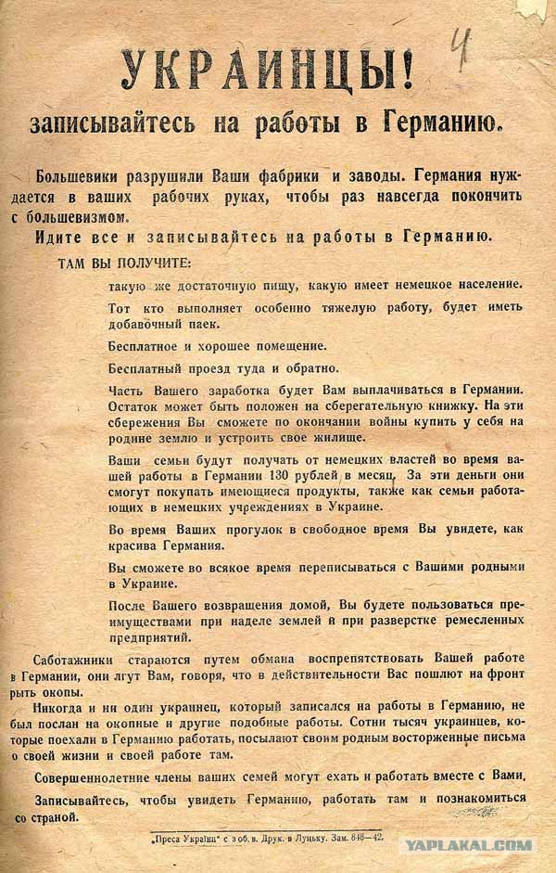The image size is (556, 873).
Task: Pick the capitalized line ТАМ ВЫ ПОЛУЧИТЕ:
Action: [124, 263]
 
